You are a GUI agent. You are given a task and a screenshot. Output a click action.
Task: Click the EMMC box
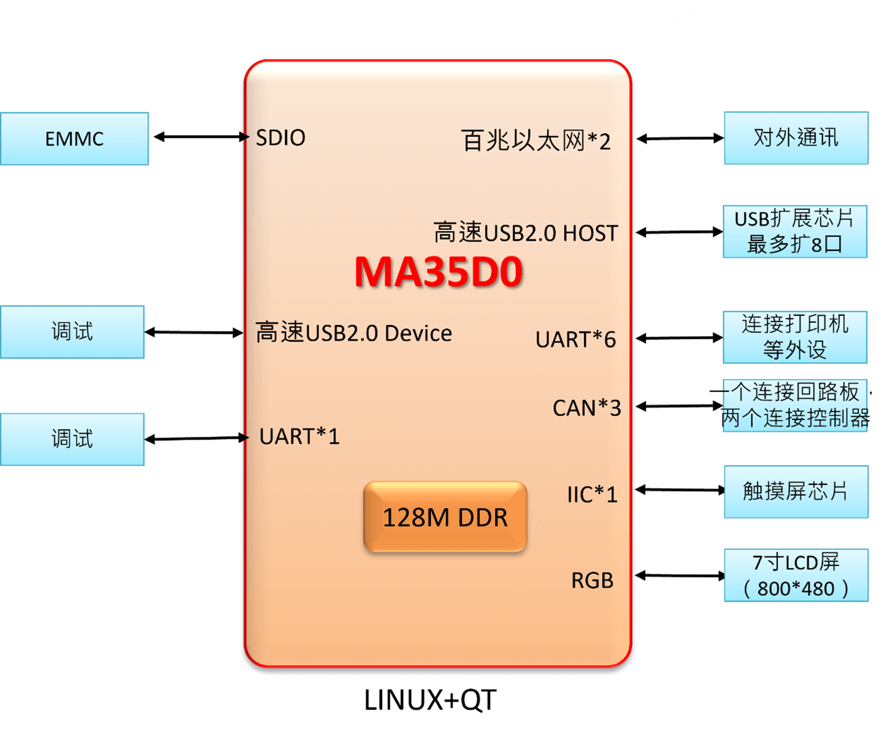click(x=74, y=139)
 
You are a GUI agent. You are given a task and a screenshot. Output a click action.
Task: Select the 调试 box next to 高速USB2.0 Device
click(x=72, y=332)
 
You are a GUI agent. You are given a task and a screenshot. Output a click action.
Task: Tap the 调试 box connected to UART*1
click(x=72, y=439)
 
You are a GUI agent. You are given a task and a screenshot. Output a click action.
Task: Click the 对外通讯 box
click(x=796, y=138)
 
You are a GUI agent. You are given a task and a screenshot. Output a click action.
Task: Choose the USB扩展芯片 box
click(x=795, y=231)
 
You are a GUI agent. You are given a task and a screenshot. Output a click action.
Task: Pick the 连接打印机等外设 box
click(x=795, y=337)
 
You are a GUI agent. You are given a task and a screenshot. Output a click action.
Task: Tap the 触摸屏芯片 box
click(x=796, y=492)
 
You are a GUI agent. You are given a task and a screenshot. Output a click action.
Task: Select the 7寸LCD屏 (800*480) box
click(x=796, y=575)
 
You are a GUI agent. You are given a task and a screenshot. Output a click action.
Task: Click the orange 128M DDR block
click(x=445, y=517)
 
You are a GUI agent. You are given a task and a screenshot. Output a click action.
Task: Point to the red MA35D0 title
click(x=438, y=272)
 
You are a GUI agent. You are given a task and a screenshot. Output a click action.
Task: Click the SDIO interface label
click(x=280, y=138)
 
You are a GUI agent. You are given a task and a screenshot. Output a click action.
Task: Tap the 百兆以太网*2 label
click(x=535, y=141)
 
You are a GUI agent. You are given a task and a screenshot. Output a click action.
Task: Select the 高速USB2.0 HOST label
click(x=525, y=233)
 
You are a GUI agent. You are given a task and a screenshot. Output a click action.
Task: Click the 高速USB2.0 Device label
click(x=354, y=333)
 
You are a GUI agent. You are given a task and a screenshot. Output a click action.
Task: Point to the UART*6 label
click(x=575, y=340)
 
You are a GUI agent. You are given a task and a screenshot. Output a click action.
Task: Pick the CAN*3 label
click(x=586, y=408)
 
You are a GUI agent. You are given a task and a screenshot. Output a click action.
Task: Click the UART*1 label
click(x=299, y=436)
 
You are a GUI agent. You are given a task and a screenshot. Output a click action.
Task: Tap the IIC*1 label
click(x=592, y=495)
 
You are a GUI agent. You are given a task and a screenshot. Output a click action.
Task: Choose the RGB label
click(x=592, y=581)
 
